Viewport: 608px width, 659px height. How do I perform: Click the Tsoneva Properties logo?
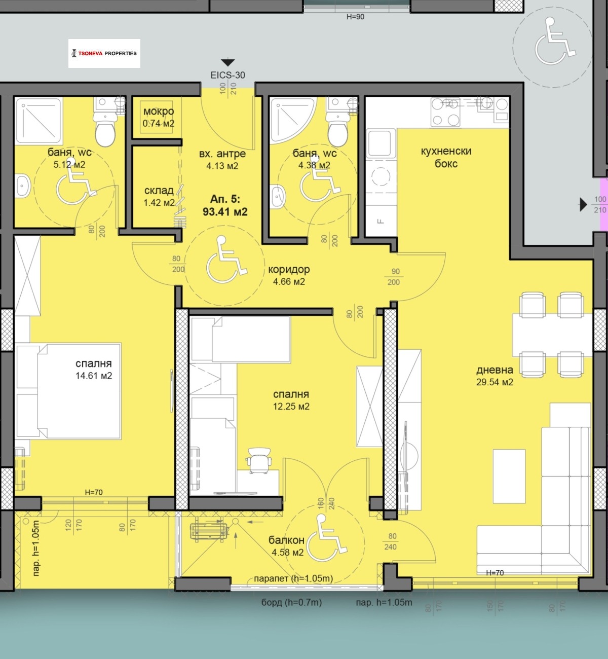click(104, 53)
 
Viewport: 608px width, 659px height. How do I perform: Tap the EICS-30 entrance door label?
click(228, 76)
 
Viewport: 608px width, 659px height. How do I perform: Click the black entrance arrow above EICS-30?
click(228, 62)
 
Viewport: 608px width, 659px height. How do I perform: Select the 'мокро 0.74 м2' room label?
click(159, 117)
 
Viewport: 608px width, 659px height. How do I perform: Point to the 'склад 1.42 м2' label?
click(159, 196)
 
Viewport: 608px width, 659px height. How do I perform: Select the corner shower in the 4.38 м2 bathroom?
click(291, 121)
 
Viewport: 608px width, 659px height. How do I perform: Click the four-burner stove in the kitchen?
click(445, 112)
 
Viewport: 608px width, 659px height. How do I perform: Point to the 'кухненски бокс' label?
click(446, 157)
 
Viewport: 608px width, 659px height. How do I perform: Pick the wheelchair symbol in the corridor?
click(226, 259)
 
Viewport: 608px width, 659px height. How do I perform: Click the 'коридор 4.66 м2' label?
click(289, 275)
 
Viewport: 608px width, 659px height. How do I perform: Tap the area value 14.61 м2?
click(94, 376)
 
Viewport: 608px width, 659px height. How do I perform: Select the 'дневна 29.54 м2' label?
click(495, 376)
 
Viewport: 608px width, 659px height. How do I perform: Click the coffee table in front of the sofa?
click(509, 476)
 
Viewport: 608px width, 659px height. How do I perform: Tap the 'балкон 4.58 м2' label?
click(287, 546)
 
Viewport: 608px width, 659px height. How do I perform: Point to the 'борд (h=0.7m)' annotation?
click(291, 602)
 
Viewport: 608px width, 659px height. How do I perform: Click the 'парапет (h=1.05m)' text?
click(293, 579)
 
